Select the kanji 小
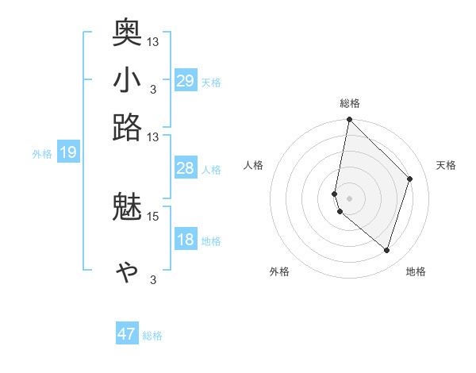click(128, 81)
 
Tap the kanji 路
click(128, 127)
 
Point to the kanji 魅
click(128, 209)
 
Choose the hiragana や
click(128, 272)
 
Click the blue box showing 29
click(186, 81)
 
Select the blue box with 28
click(186, 168)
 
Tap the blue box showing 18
click(186, 240)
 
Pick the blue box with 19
click(68, 153)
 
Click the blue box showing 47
click(127, 334)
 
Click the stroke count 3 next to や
click(152, 280)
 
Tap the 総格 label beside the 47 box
click(152, 336)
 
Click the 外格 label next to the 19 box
click(42, 154)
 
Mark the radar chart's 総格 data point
click(349, 120)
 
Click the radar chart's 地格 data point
click(386, 250)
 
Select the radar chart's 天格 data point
click(410, 179)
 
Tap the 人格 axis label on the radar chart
click(254, 165)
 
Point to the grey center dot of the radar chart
click(349, 198)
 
